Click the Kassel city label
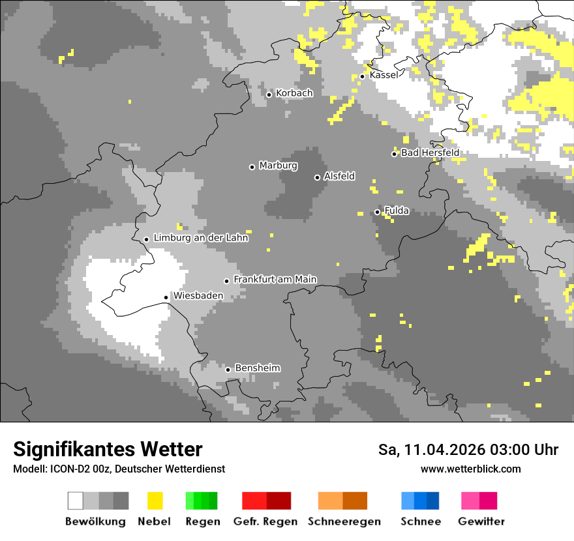point(384,75)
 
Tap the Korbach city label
point(294,93)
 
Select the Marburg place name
point(278,166)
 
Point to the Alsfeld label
point(339,176)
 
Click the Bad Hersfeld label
point(430,153)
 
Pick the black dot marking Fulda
point(377,212)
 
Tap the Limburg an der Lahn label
point(201,238)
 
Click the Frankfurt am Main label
point(275,280)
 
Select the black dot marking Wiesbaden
point(166,297)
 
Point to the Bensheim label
point(257,368)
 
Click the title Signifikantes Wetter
point(108,449)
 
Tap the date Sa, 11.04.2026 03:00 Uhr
point(468,450)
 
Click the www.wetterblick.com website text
point(470,469)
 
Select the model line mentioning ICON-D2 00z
point(119,469)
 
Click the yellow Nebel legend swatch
point(155,501)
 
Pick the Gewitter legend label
point(481,521)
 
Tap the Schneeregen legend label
point(344,521)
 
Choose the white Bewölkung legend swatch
point(76,501)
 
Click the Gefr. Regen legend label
point(265,521)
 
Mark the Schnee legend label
point(421,521)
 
